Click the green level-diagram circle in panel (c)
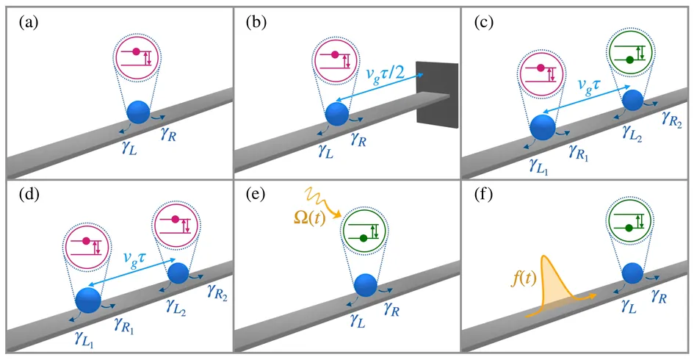pos(631,56)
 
